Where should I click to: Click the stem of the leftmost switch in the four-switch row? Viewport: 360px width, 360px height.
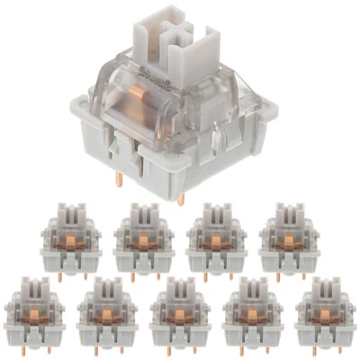[71, 215]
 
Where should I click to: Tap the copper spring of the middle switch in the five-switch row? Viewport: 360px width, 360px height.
[180, 312]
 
